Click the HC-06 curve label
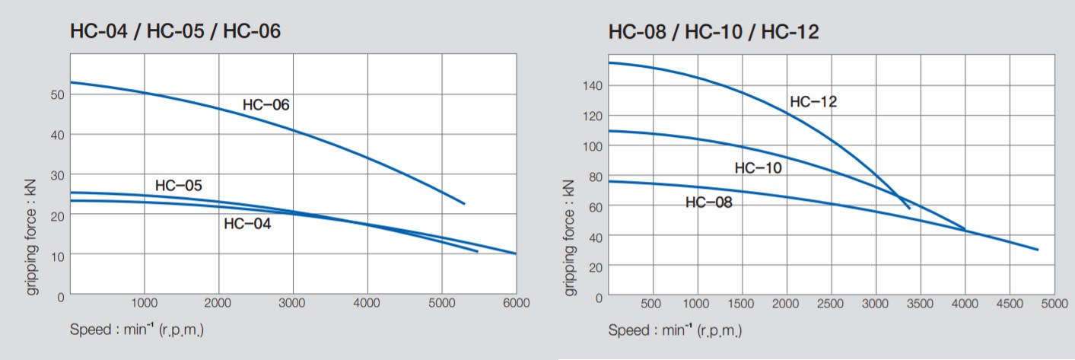pyautogui.click(x=266, y=105)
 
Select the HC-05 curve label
pyautogui.click(x=178, y=185)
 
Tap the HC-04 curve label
pyautogui.click(x=247, y=224)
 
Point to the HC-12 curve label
pyautogui.click(x=813, y=102)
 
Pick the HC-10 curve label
pyautogui.click(x=758, y=168)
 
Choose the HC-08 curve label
pyautogui.click(x=708, y=202)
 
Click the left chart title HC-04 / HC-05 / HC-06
pyautogui.click(x=176, y=32)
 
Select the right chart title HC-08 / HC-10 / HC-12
pyautogui.click(x=713, y=32)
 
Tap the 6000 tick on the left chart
pyautogui.click(x=516, y=303)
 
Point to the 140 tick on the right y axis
pyautogui.click(x=593, y=86)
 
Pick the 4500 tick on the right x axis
pyautogui.click(x=1010, y=304)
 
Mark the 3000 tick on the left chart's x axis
pyautogui.click(x=293, y=303)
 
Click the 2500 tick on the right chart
pyautogui.click(x=831, y=304)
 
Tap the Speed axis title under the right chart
pyautogui.click(x=674, y=330)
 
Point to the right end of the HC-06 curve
pyautogui.click(x=463, y=204)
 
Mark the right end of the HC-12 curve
pyautogui.click(x=908, y=209)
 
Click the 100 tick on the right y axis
pyautogui.click(x=593, y=146)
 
